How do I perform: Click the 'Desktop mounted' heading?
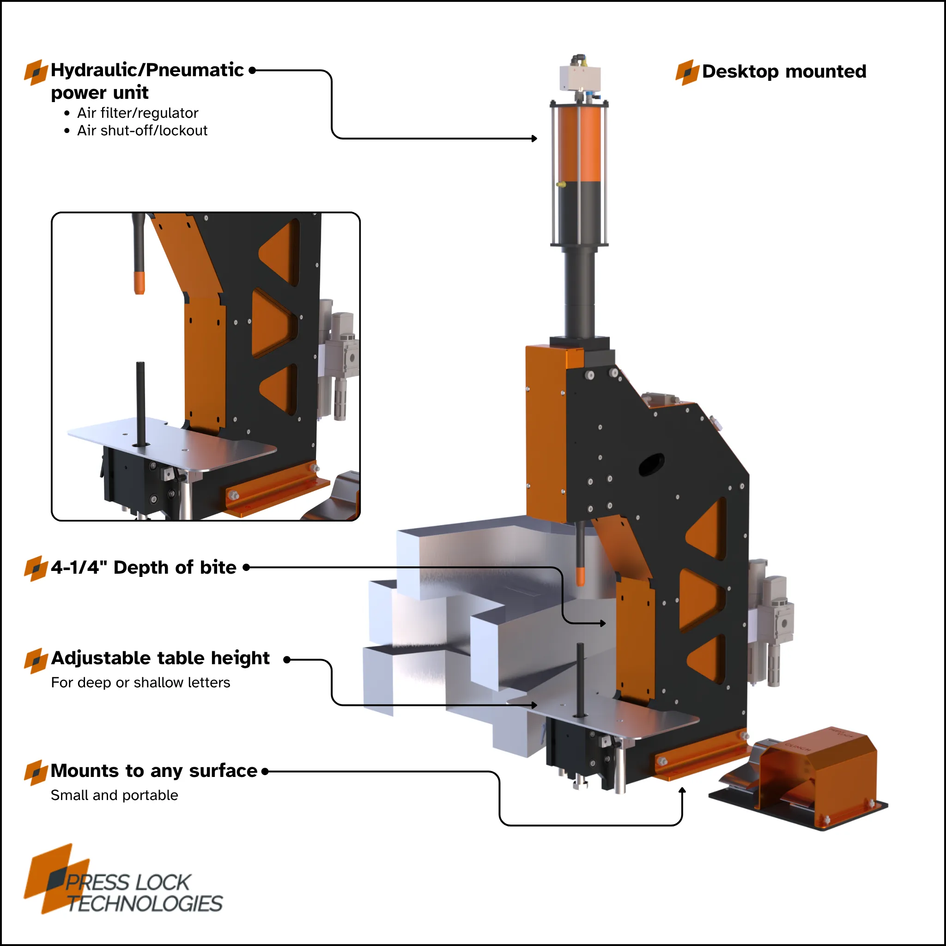click(784, 72)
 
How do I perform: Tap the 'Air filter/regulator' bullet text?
click(138, 113)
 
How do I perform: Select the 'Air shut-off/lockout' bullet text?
click(142, 131)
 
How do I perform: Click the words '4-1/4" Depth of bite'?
click(144, 568)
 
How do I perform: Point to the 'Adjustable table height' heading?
click(161, 659)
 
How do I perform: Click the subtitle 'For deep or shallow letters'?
click(140, 683)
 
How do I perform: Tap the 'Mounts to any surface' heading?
click(154, 771)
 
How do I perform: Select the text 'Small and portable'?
click(115, 795)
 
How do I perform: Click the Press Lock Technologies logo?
click(123, 879)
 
